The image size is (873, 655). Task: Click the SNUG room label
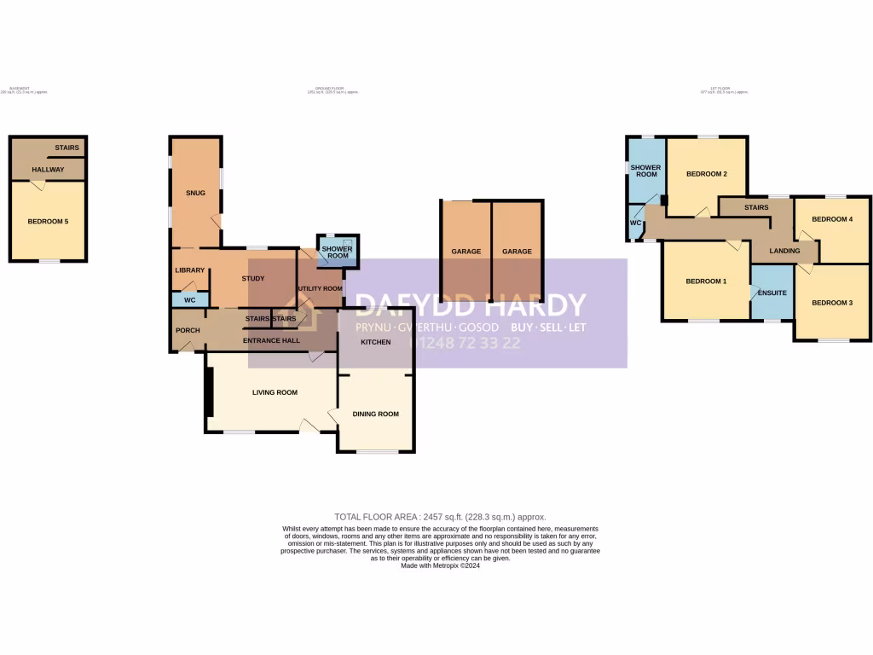196,192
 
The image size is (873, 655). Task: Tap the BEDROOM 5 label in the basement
48,222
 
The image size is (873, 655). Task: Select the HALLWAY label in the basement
48,170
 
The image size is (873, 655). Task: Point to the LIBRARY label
190,270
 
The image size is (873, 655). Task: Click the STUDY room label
253,279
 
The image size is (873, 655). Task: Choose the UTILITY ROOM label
321,289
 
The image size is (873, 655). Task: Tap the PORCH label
188,330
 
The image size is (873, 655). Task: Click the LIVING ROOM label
275,392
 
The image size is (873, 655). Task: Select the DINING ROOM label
376,414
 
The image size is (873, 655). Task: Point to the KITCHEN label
375,342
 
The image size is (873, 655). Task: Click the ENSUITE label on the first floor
772,293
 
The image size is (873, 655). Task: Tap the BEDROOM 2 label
707,175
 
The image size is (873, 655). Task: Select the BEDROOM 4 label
832,219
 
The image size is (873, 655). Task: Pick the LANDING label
784,251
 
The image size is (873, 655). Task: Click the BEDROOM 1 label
706,281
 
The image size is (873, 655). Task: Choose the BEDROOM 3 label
832,303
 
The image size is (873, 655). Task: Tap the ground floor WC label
190,300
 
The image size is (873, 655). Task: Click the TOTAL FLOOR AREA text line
440,517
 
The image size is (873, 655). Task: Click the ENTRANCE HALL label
271,341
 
